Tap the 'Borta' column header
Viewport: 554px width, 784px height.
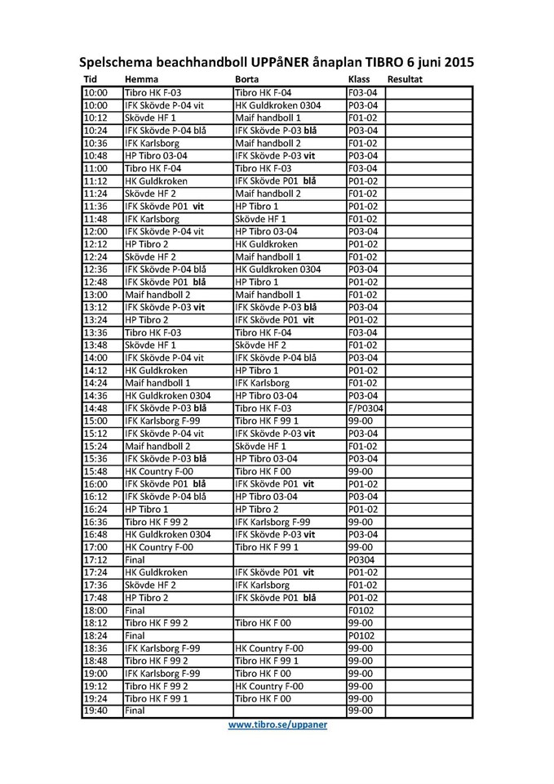click(247, 79)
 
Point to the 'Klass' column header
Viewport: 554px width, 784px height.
click(359, 79)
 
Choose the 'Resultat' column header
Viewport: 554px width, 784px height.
click(406, 79)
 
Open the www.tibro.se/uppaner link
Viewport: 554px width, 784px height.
click(277, 724)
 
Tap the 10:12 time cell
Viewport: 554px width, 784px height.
click(95, 118)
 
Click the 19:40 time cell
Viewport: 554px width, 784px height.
click(95, 711)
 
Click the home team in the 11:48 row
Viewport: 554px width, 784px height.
click(152, 219)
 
